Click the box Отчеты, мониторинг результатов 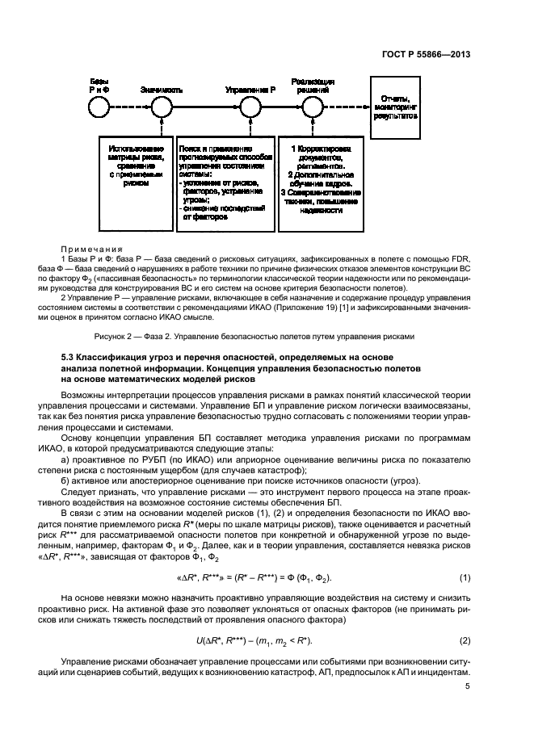pos(395,106)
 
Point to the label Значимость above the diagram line pos(161,90)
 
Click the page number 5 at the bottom pos(467,686)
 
